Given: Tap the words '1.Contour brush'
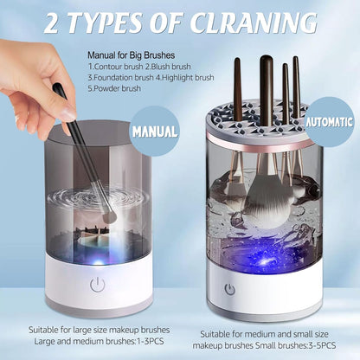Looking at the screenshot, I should (x=116, y=66).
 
